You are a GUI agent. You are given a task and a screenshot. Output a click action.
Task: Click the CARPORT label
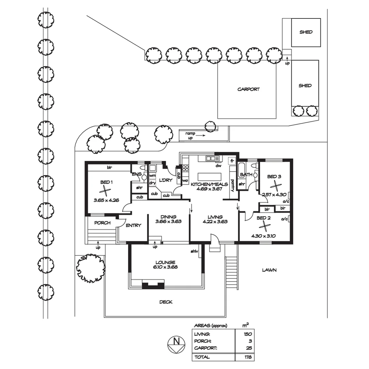tap(248, 89)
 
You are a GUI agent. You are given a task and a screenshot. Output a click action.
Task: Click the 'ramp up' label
tap(191, 135)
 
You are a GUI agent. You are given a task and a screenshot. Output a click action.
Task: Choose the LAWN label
tap(269, 270)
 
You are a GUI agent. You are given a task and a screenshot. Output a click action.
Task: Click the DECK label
tap(166, 302)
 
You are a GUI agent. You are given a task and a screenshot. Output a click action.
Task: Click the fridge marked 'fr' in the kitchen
tap(232, 161)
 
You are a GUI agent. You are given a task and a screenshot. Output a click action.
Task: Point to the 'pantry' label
tap(232, 186)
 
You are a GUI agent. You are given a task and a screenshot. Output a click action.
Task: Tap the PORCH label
tap(102, 223)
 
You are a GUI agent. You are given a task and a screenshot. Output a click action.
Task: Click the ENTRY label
tap(133, 225)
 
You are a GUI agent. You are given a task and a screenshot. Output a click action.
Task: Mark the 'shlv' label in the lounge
tap(194, 251)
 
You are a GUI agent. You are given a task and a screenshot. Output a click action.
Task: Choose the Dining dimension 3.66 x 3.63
tap(168, 221)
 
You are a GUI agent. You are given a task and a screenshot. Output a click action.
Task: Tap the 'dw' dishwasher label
tap(219, 166)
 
